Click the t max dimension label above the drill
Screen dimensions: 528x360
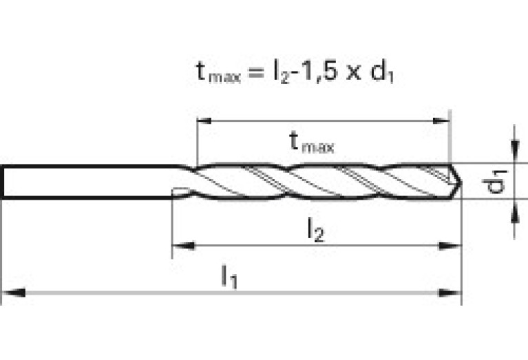click(312, 142)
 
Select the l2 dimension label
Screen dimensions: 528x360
click(316, 230)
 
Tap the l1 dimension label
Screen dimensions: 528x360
click(229, 277)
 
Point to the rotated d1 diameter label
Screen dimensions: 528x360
click(495, 182)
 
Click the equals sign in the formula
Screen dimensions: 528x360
click(255, 73)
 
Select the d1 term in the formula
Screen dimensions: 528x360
click(382, 72)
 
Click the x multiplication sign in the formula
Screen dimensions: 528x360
click(354, 74)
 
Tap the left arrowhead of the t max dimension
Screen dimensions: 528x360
click(204, 120)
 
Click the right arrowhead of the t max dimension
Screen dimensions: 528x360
click(441, 120)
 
